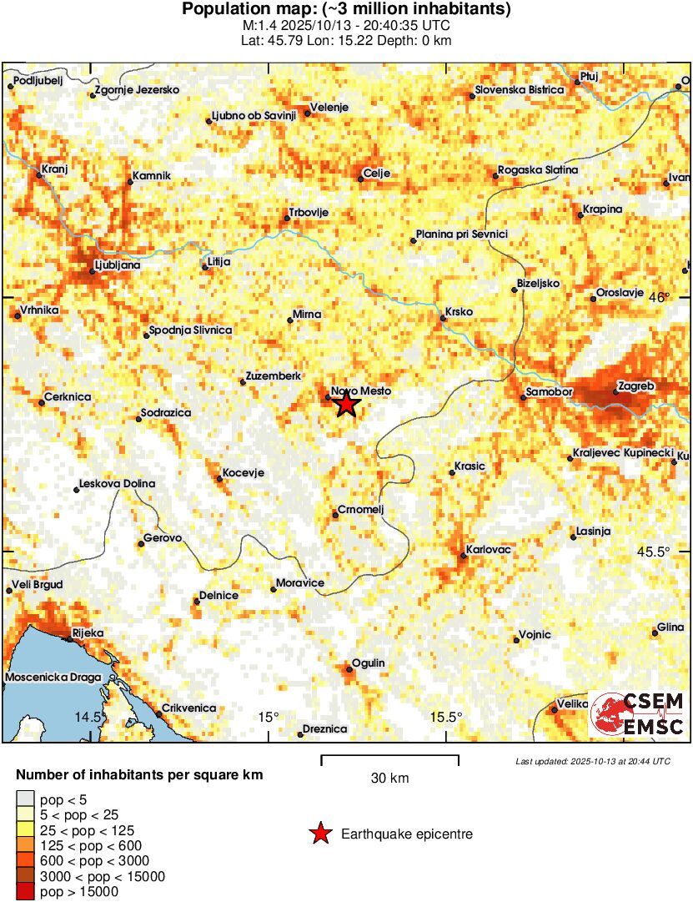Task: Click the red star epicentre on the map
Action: (346, 405)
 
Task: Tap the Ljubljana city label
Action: (119, 265)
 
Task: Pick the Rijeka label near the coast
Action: (88, 633)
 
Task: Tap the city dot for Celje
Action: (359, 178)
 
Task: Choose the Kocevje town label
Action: (244, 473)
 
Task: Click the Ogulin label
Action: (369, 663)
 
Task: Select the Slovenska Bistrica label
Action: (519, 90)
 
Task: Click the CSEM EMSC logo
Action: (638, 713)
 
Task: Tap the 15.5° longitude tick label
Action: (446, 717)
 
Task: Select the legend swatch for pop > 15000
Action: (26, 892)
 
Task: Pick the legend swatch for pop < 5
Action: (26, 799)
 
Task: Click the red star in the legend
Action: (319, 834)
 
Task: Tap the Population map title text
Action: (346, 10)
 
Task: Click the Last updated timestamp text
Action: (592, 761)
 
